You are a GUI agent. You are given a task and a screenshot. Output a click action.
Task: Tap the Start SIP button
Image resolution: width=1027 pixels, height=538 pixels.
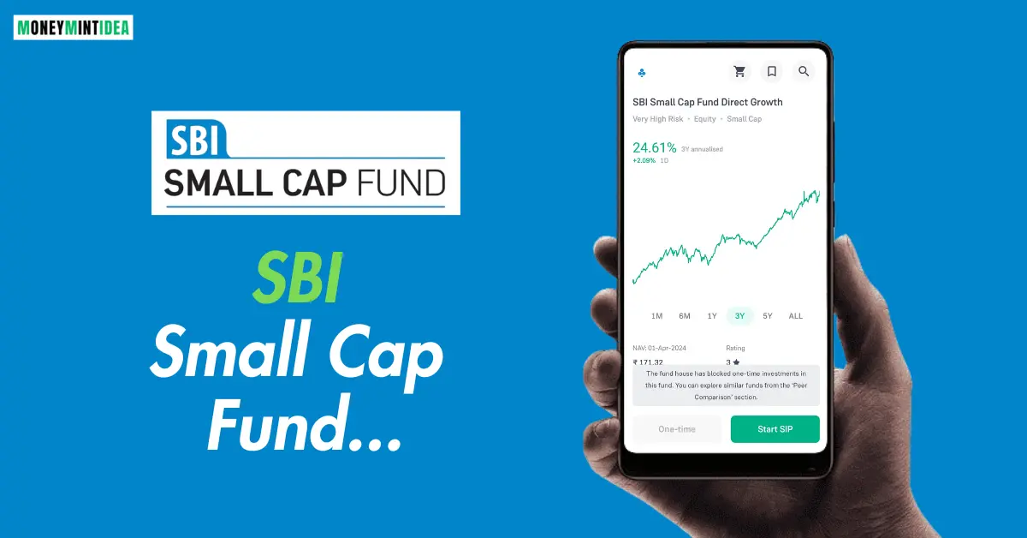coord(775,429)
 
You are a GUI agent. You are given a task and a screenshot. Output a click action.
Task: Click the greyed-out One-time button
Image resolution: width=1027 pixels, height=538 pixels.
coord(677,429)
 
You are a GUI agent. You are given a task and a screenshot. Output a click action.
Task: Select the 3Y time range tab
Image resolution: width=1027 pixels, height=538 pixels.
coord(739,316)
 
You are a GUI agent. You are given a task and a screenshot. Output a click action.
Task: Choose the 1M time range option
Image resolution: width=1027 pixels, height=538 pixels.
coord(656,316)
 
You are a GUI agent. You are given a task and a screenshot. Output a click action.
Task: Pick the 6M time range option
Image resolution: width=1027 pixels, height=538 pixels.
coord(685,316)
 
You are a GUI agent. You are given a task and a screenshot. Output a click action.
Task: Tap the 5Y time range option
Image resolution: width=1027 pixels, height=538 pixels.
coord(768,316)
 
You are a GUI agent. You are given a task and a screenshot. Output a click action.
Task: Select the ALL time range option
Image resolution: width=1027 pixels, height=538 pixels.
coord(796,316)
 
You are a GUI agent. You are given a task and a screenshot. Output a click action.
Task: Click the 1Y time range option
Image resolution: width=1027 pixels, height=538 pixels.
coord(712,316)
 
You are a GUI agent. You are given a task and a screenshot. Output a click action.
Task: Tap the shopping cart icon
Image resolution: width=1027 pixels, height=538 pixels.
coord(739,72)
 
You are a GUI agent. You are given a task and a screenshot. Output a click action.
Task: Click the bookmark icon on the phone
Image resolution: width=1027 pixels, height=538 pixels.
coord(772,72)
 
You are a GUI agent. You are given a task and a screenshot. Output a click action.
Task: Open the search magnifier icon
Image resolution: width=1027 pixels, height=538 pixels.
coord(804,72)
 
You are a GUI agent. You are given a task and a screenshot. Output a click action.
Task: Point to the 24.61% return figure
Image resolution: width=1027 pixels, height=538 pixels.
coord(655,147)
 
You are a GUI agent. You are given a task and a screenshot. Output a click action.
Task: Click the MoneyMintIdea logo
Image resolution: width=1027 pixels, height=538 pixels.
coord(74,27)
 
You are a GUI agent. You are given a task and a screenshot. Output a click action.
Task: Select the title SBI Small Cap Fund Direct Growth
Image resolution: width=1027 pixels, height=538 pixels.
coord(707,102)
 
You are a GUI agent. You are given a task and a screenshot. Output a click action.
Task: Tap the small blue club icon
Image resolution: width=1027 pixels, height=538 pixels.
coord(642,73)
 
